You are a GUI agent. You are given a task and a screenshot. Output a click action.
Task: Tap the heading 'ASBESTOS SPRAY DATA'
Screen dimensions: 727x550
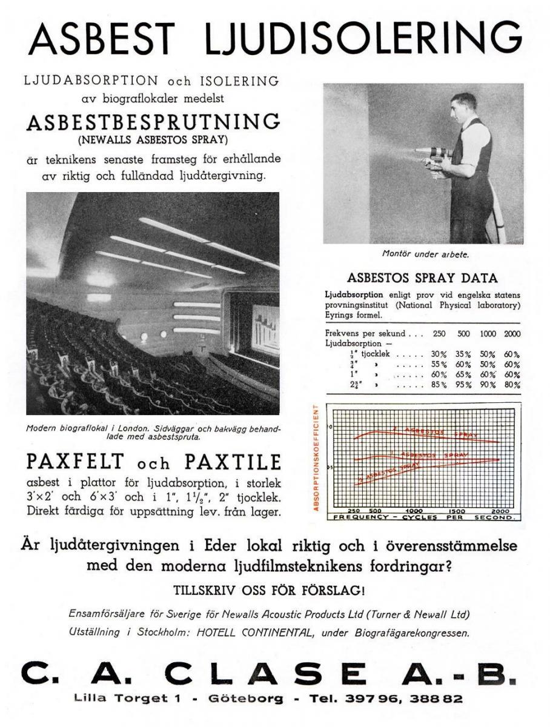(x=422, y=279)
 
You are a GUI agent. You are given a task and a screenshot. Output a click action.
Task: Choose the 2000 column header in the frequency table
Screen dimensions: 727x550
(x=512, y=334)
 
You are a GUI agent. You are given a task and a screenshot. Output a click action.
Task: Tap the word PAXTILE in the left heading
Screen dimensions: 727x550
(x=233, y=462)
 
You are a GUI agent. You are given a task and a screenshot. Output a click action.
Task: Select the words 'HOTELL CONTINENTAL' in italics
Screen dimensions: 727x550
(x=271, y=633)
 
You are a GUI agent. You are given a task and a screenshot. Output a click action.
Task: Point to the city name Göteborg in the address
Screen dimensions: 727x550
(x=246, y=699)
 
